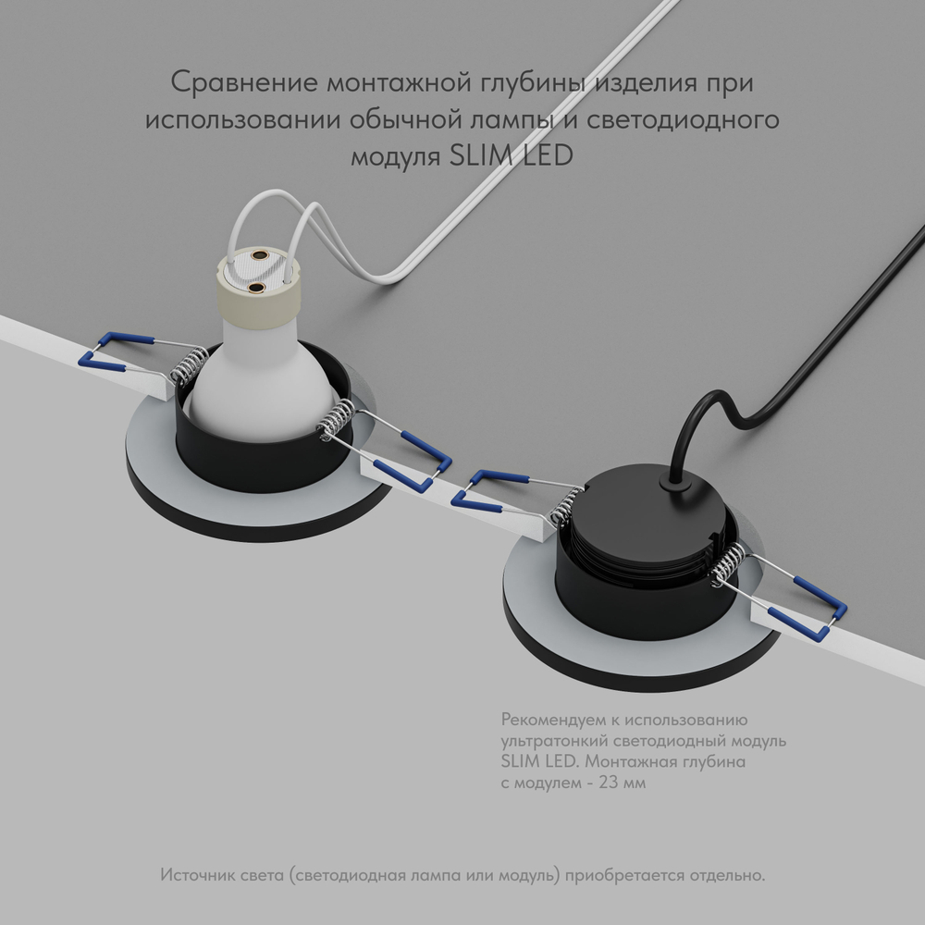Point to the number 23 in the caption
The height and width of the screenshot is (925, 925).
(x=610, y=783)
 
